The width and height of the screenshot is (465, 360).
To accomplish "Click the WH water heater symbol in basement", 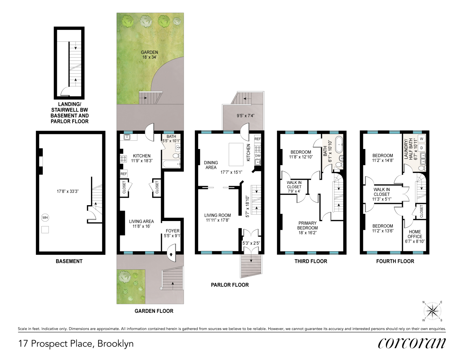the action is pyautogui.click(x=45, y=217).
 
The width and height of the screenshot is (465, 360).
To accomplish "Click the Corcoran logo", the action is pyautogui.click(x=412, y=343).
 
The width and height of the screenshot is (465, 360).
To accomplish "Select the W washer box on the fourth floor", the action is pyautogui.click(x=421, y=139).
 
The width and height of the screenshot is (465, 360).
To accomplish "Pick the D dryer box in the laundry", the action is pyautogui.click(x=421, y=148).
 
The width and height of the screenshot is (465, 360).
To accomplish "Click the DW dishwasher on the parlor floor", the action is pyautogui.click(x=257, y=156).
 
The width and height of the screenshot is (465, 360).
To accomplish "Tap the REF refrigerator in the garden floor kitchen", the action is pyautogui.click(x=124, y=174).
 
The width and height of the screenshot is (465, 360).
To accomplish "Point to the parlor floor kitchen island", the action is pyautogui.click(x=236, y=154).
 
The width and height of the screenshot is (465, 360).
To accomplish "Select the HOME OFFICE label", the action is pyautogui.click(x=415, y=234).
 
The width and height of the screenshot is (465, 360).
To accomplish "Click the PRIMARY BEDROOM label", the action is pyautogui.click(x=307, y=225).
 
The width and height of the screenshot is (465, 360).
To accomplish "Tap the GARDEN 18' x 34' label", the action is pyautogui.click(x=149, y=55).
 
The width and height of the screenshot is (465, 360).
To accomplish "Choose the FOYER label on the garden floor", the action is pyautogui.click(x=173, y=231).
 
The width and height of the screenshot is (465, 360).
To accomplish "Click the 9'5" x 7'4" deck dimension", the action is pyautogui.click(x=245, y=116).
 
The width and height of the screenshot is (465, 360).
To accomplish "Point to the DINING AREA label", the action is pyautogui.click(x=211, y=165).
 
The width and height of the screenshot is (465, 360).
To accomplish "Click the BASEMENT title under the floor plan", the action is pyautogui.click(x=69, y=261).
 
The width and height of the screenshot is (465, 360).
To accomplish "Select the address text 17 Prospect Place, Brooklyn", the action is pyautogui.click(x=76, y=343).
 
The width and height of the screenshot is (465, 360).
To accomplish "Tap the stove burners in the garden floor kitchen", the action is pyautogui.click(x=123, y=159).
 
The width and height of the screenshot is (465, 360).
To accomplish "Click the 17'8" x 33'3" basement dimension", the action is pyautogui.click(x=68, y=191).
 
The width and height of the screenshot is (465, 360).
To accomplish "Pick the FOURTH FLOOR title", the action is pyautogui.click(x=395, y=261).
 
